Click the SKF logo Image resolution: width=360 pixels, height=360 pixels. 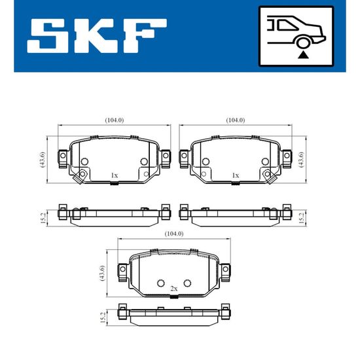pos(97,36)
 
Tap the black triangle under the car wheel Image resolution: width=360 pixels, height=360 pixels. pos(303,55)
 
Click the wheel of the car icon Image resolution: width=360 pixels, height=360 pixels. pos(303,43)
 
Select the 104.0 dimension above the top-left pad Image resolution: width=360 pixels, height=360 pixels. pos(115,120)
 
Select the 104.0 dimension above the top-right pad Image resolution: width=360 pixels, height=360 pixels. pos(236,120)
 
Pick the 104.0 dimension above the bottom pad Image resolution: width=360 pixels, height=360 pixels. pos(174,234)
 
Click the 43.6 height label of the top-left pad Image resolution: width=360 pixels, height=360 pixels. pos(43,160)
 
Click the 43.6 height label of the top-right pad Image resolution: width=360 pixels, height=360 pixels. pos(301,160)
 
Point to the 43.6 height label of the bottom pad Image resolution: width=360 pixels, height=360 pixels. pos(102,273)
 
